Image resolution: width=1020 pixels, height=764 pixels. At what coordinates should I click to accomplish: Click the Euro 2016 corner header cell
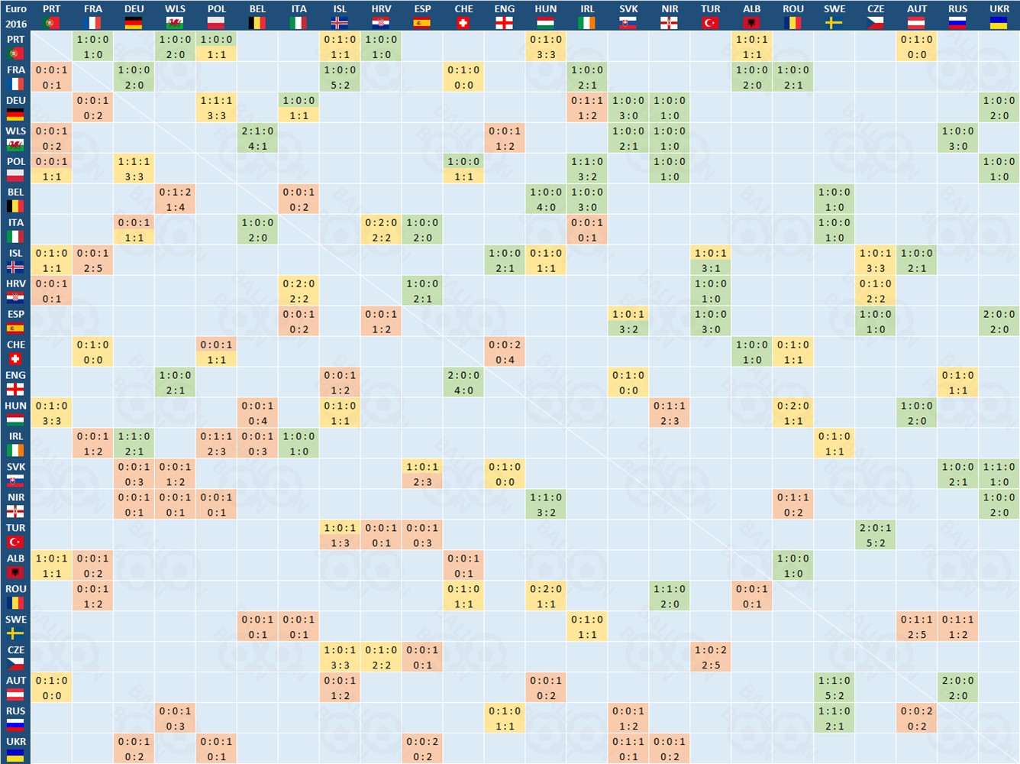[x=15, y=15]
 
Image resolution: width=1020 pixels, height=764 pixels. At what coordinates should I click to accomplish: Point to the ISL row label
[x=15, y=260]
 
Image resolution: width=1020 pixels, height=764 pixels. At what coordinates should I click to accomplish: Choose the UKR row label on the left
[x=15, y=748]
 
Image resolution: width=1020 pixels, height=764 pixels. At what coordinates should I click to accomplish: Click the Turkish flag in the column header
[x=710, y=23]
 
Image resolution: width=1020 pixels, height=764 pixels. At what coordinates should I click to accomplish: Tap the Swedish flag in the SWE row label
[x=15, y=633]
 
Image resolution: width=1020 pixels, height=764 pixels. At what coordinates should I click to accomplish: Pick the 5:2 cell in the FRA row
[x=340, y=77]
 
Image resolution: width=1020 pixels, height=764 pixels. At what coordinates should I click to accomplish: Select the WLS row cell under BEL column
[x=257, y=138]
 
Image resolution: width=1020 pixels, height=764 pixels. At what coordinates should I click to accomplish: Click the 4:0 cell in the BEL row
[x=546, y=199]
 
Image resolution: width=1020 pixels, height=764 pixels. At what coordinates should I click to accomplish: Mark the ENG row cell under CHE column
[x=463, y=383]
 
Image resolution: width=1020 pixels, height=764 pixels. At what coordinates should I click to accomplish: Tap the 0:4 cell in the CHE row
[x=505, y=352]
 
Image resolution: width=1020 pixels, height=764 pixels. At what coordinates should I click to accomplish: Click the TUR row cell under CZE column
[x=876, y=536]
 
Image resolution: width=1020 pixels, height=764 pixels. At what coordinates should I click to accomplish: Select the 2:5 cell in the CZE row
[x=710, y=657]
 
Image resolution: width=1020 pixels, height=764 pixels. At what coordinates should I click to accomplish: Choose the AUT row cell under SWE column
[x=834, y=688]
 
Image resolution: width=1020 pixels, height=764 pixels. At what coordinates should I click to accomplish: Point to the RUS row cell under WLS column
[x=175, y=718]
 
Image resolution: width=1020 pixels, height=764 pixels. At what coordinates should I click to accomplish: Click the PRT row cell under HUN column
[x=546, y=47]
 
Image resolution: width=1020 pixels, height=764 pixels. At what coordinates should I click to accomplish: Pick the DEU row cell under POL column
[x=216, y=108]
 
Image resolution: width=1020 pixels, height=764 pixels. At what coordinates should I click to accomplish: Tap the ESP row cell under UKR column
[x=999, y=322]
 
